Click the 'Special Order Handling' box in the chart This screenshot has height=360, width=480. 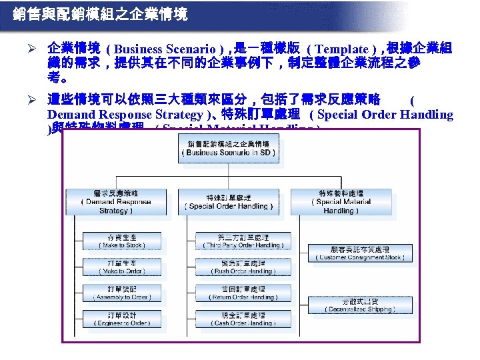229,201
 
